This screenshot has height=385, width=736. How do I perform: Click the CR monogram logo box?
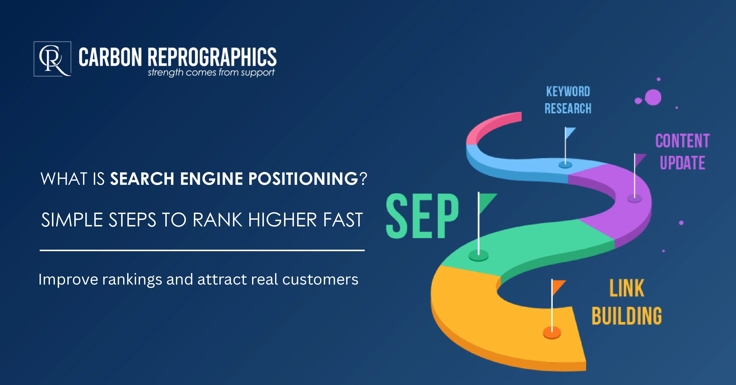tap(52, 59)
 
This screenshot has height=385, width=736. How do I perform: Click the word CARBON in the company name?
tap(110, 57)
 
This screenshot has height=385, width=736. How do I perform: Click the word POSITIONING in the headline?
tap(303, 179)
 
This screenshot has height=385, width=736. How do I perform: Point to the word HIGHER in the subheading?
tap(282, 220)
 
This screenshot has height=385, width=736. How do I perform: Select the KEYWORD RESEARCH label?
tap(568, 100)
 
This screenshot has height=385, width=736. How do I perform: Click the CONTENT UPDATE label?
tap(682, 152)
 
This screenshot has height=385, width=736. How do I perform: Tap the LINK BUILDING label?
tap(627, 302)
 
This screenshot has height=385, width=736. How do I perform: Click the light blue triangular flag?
tap(570, 133)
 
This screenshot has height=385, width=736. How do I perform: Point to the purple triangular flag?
tap(639, 159)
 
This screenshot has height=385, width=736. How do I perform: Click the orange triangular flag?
tap(558, 286)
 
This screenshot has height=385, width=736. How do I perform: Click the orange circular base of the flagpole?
tap(552, 333)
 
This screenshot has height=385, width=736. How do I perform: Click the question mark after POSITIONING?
tap(363, 179)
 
